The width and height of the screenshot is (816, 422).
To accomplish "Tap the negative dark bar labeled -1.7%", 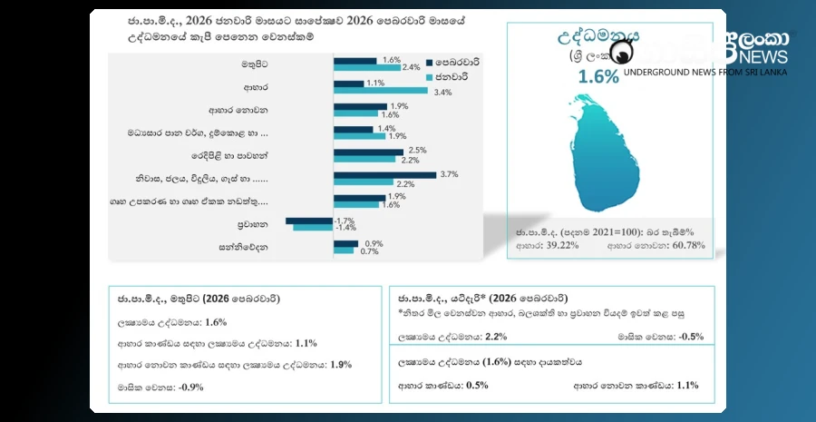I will click(309, 220).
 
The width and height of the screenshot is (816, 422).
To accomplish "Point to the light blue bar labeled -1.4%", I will click(313, 227).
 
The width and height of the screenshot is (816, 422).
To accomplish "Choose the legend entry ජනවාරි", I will click(451, 77).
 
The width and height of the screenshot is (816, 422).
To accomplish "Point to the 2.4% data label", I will click(411, 68).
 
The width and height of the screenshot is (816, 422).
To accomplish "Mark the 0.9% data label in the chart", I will click(373, 243).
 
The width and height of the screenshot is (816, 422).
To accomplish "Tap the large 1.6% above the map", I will click(598, 76).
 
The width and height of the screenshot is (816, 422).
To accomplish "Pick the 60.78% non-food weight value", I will click(686, 245).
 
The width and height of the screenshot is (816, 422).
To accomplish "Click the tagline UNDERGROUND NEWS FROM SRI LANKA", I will click(705, 72).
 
